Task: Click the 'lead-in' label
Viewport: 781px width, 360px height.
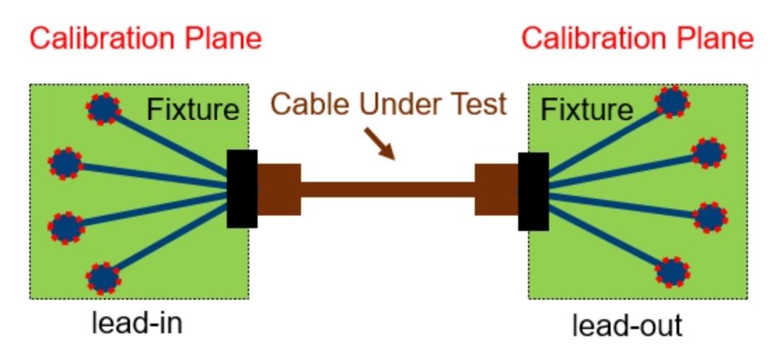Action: [137, 322]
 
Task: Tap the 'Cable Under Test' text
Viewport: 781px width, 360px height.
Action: [389, 105]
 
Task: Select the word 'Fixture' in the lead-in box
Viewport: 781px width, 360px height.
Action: [192, 110]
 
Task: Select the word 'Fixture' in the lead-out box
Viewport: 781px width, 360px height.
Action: [586, 110]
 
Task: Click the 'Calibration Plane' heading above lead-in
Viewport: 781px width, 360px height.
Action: [145, 38]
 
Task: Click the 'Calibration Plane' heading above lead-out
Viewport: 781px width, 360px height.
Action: [637, 38]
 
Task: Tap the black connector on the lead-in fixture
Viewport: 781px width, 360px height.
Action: [242, 189]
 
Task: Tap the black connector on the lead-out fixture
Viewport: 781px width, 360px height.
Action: [533, 191]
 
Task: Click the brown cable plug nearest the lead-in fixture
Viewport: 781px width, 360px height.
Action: [279, 189]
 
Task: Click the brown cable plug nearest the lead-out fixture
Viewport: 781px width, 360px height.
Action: [496, 189]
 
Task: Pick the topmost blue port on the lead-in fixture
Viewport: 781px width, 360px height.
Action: [104, 108]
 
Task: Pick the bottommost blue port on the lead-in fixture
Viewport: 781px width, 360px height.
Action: [104, 277]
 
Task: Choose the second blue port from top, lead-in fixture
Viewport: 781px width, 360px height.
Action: [66, 163]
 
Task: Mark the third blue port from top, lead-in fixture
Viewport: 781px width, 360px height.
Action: [66, 226]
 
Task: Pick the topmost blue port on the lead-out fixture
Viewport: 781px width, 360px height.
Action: [673, 102]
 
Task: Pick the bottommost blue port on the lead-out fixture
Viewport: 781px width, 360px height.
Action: [673, 272]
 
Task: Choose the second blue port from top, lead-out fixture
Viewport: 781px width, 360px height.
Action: [708, 152]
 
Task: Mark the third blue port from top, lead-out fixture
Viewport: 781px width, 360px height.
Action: [710, 216]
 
